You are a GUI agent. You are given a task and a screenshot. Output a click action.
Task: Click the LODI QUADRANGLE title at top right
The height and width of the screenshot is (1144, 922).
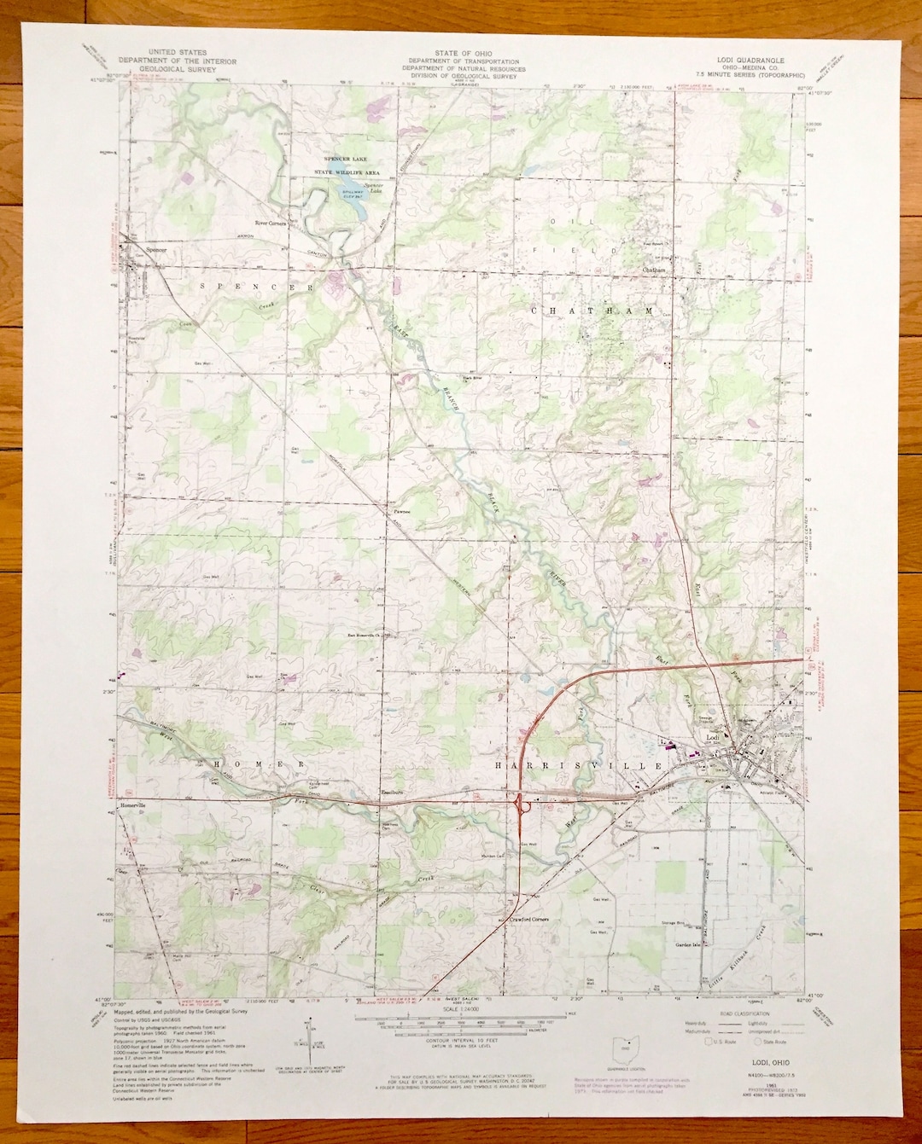click(x=750, y=61)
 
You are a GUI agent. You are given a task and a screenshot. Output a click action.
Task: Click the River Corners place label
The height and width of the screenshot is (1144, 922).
click(x=270, y=223)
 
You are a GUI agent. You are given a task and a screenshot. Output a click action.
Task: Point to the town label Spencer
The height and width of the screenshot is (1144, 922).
click(x=156, y=250)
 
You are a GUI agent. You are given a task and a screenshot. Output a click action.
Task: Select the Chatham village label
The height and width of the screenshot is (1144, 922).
click(x=654, y=270)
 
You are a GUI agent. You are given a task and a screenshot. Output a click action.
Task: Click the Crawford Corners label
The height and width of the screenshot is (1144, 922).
click(x=528, y=920)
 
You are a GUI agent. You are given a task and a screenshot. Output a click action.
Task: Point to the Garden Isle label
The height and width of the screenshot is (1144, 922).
click(x=687, y=945)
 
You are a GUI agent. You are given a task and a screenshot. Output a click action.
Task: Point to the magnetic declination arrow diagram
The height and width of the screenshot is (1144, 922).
click(x=305, y=1038)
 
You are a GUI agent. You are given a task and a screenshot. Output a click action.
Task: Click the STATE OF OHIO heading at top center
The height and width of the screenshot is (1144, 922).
click(x=464, y=54)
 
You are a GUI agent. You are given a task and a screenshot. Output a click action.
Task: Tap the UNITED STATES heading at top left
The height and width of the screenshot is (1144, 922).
click(x=177, y=53)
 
